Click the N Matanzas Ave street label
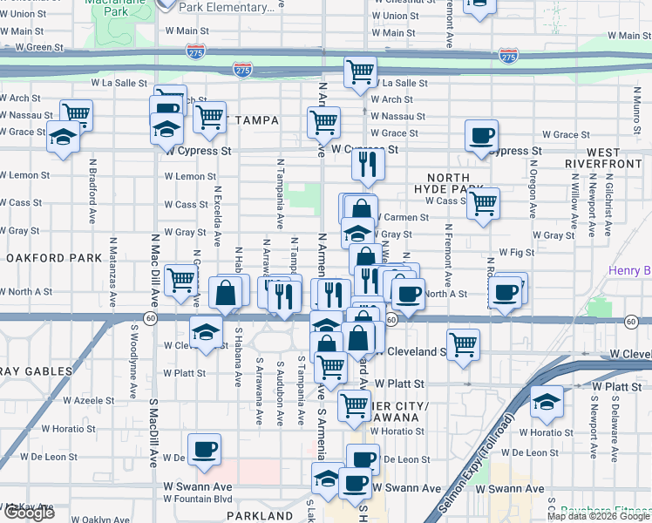113,272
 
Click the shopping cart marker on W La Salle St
360,72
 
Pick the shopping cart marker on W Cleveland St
463,343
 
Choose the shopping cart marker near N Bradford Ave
77,114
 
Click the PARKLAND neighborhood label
259,516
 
